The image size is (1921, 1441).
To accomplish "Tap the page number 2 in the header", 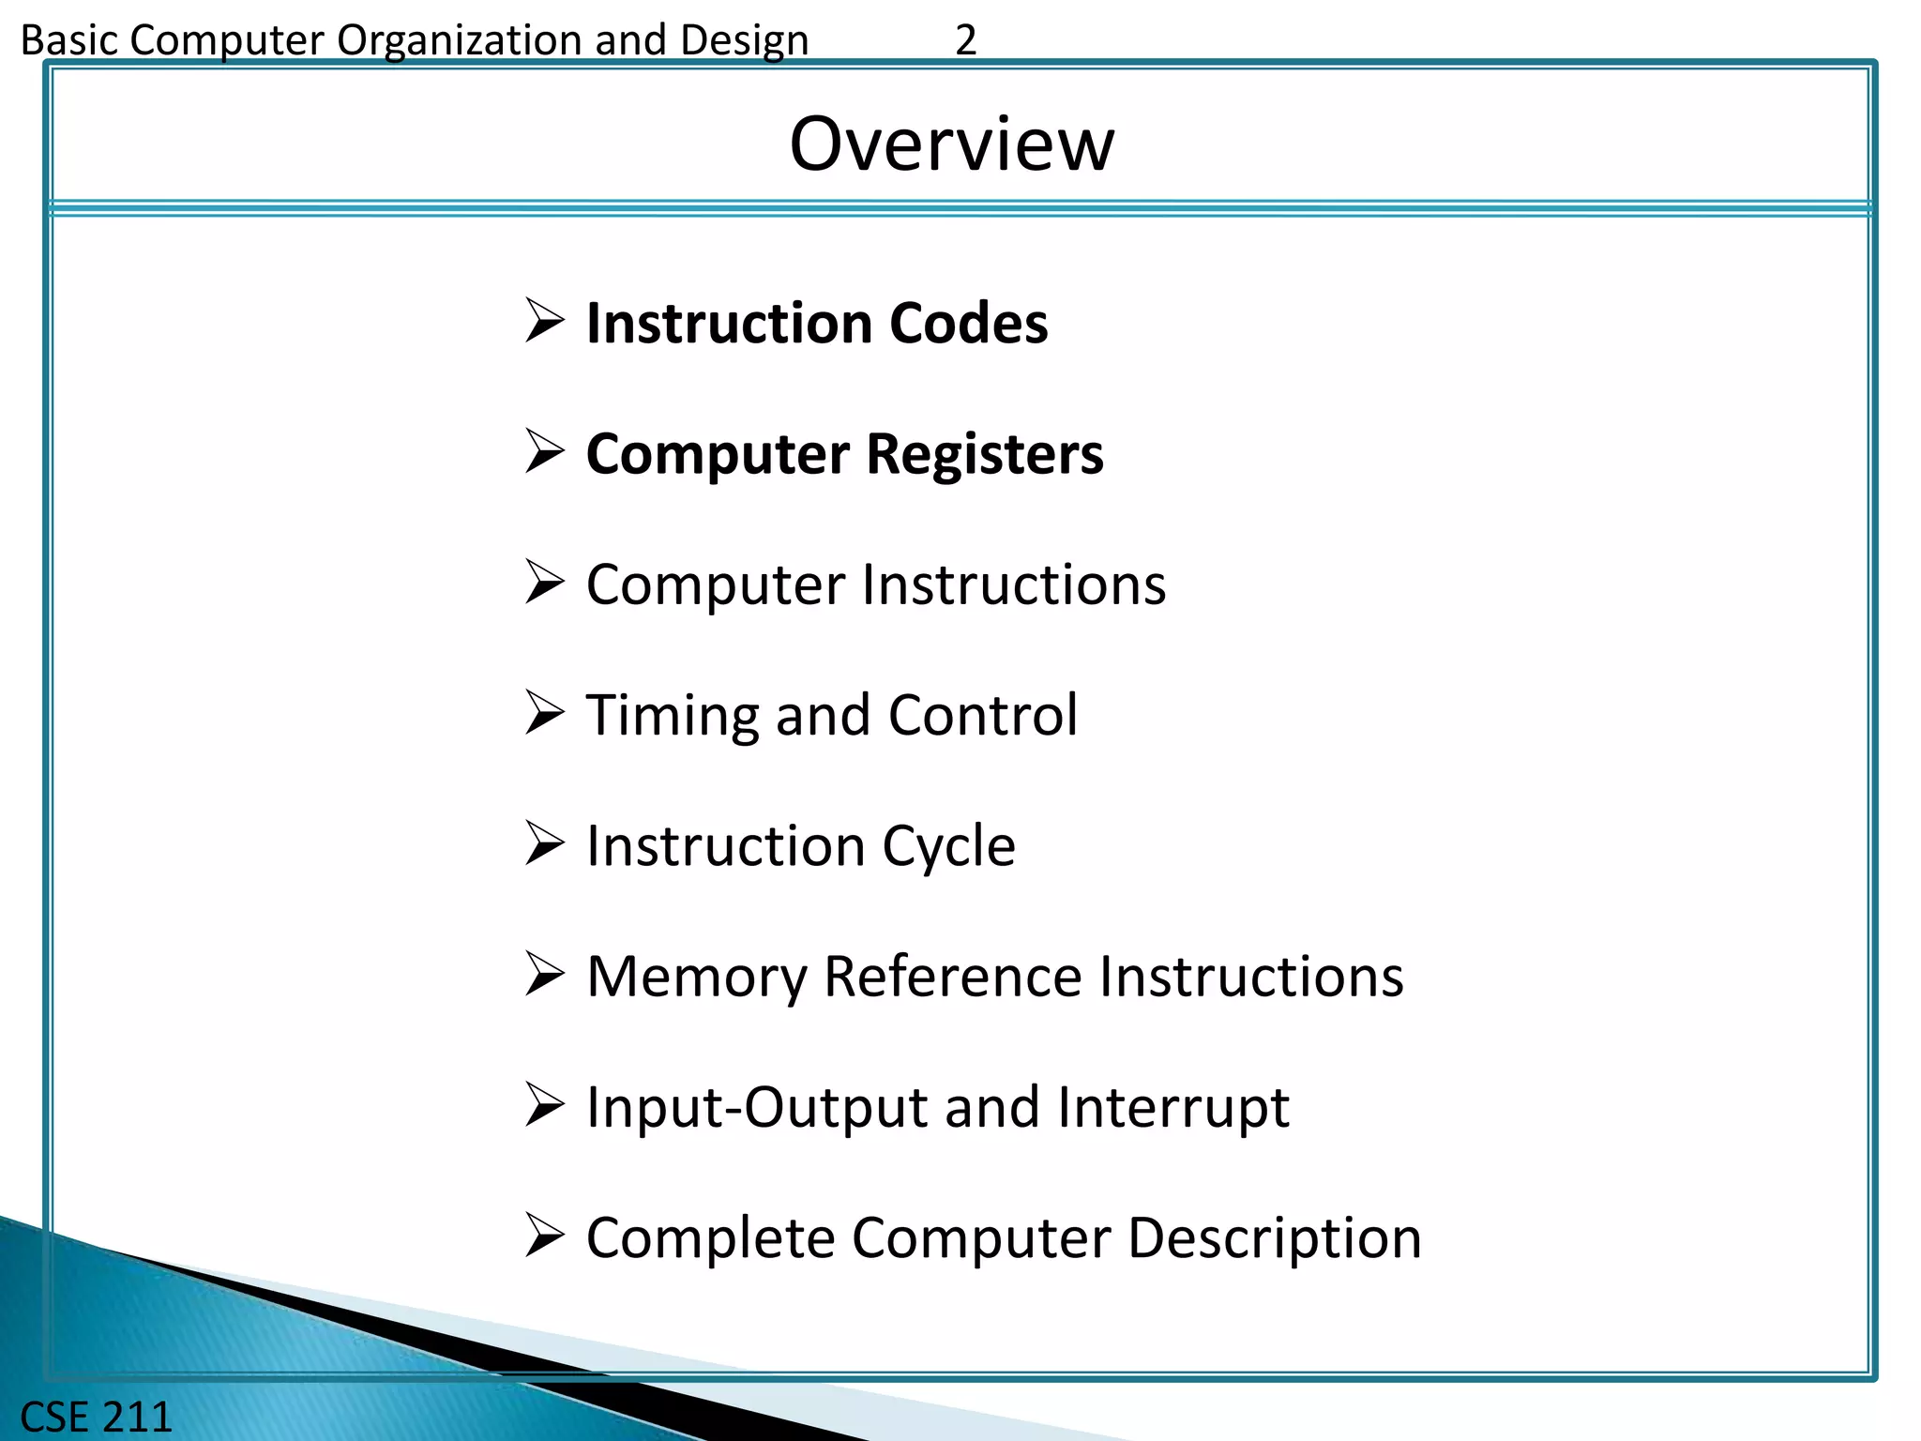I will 965,40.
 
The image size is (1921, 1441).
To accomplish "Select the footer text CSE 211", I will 96,1417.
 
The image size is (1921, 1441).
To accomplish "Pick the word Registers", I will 985,454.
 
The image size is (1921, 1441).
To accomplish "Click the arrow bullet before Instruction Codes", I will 545,321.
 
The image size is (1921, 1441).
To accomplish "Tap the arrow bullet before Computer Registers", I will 545,451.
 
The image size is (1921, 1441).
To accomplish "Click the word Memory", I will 696,977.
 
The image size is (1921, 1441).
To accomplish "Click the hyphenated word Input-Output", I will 757,1108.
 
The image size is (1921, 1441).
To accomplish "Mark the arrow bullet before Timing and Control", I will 545,713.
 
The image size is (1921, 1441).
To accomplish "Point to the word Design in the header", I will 744,40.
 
